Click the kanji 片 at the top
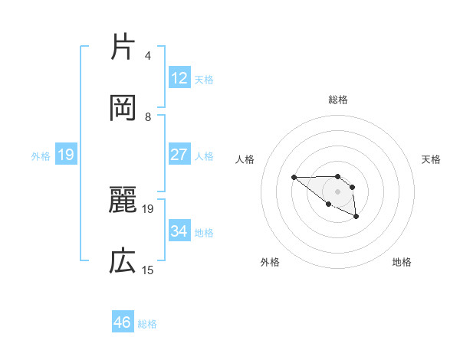click(x=123, y=47)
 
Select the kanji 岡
click(x=123, y=108)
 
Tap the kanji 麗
click(x=123, y=200)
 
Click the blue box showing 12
click(x=179, y=77)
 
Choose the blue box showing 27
click(x=179, y=154)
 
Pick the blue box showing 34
click(x=179, y=231)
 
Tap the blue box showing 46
click(x=123, y=322)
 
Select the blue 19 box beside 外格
click(x=66, y=155)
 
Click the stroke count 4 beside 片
click(x=148, y=56)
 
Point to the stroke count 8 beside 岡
click(x=148, y=117)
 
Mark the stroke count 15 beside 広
click(x=148, y=270)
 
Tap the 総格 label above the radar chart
click(x=338, y=100)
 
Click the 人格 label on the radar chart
click(x=245, y=159)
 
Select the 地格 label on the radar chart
click(x=402, y=262)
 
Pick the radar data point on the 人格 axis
click(x=294, y=177)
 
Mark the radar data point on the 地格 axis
click(x=356, y=217)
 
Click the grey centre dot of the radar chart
click(x=338, y=191)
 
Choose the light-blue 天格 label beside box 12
click(x=204, y=79)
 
